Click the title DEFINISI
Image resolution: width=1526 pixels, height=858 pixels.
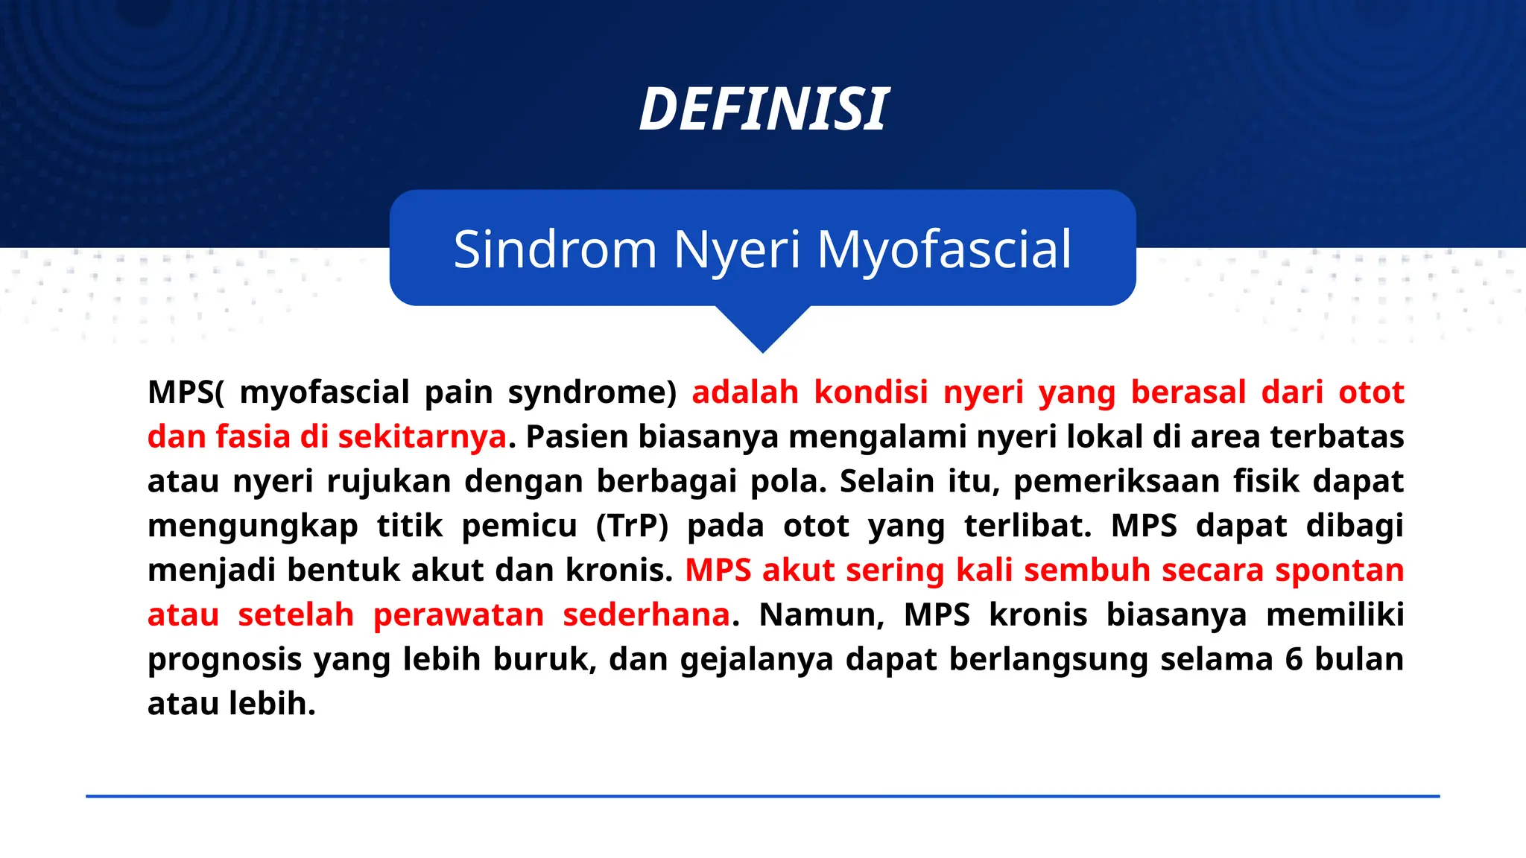(x=763, y=109)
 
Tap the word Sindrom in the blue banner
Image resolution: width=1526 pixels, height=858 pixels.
(x=554, y=250)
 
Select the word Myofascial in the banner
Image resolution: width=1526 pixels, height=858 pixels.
(x=944, y=250)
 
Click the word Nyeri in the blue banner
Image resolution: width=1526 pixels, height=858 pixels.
(x=736, y=250)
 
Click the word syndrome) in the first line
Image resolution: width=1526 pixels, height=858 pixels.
(x=592, y=393)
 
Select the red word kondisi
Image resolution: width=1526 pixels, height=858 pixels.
(x=871, y=393)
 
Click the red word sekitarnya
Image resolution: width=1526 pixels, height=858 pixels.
(x=422, y=437)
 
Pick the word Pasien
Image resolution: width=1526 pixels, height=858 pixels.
(x=577, y=437)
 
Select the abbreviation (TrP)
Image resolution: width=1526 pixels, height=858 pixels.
(x=632, y=527)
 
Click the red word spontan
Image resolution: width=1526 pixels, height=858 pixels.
(x=1339, y=571)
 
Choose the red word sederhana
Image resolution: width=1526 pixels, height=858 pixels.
(x=646, y=616)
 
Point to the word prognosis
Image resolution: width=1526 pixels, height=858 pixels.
(x=224, y=661)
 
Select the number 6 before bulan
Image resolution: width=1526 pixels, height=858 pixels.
(x=1294, y=661)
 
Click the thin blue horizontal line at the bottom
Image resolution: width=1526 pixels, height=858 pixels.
(x=762, y=796)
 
